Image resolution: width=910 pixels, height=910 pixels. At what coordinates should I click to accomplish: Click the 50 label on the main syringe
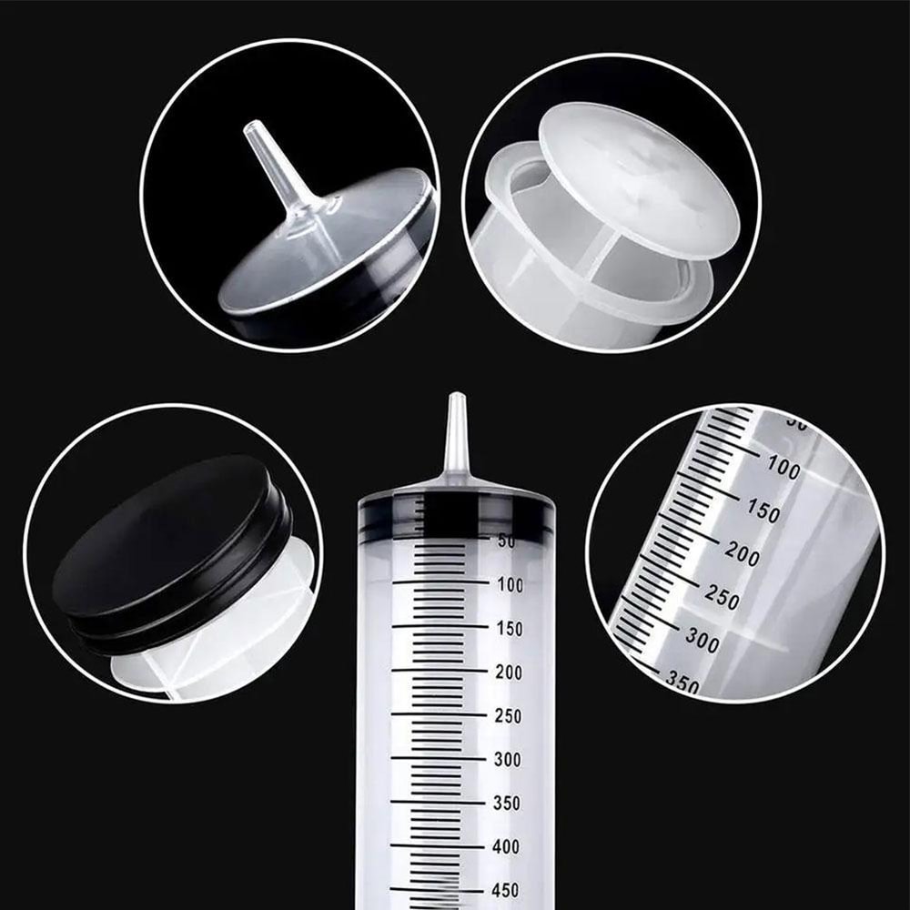(506, 541)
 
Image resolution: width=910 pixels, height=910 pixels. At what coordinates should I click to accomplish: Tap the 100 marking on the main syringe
(509, 585)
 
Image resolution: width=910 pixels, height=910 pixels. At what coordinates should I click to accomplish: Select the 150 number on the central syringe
(509, 629)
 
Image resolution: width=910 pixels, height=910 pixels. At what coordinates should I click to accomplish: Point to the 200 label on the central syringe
(509, 672)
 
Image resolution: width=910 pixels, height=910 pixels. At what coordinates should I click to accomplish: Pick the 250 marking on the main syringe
(509, 716)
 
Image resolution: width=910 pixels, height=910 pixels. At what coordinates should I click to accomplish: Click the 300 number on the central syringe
(509, 760)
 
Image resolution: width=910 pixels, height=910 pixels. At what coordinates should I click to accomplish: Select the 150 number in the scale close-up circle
(763, 511)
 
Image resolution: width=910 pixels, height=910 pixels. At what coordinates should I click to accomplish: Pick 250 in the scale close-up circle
(723, 597)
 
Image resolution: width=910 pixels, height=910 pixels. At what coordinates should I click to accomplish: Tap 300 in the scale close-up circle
(702, 640)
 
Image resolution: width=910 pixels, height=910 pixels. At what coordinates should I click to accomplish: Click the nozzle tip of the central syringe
(456, 400)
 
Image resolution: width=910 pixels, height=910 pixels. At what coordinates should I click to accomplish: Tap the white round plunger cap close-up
(637, 182)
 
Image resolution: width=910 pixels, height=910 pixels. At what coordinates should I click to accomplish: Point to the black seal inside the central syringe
(456, 515)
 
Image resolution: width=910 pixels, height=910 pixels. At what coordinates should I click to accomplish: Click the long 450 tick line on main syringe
(437, 890)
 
